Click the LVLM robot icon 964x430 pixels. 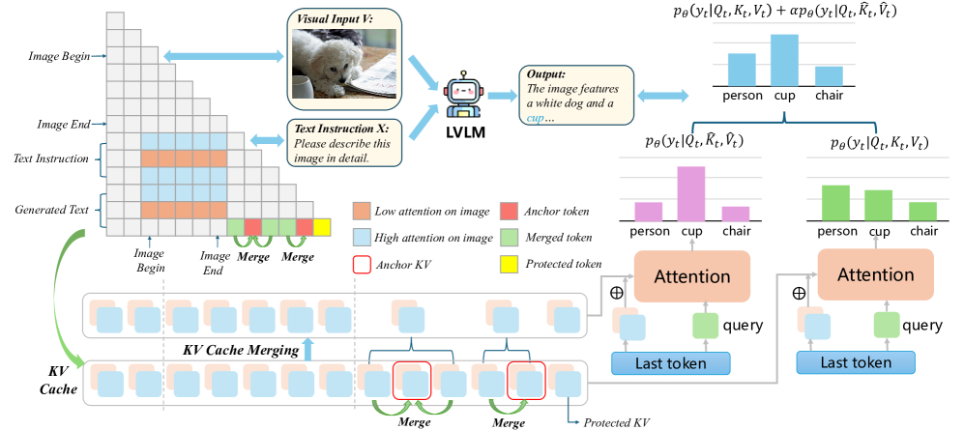tap(463, 98)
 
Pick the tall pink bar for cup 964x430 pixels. tap(691, 194)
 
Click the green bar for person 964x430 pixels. tap(836, 203)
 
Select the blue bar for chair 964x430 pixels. tap(829, 75)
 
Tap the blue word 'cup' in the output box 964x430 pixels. tap(535, 117)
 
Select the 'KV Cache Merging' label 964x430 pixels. tap(241, 351)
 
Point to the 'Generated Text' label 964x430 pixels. tap(51, 210)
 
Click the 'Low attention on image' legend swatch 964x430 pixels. tap(363, 212)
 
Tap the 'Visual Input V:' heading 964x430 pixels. tap(331, 18)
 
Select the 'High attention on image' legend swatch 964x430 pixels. tap(363, 238)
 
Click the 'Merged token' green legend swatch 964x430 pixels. tap(511, 238)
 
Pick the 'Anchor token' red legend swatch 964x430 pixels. tap(511, 212)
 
